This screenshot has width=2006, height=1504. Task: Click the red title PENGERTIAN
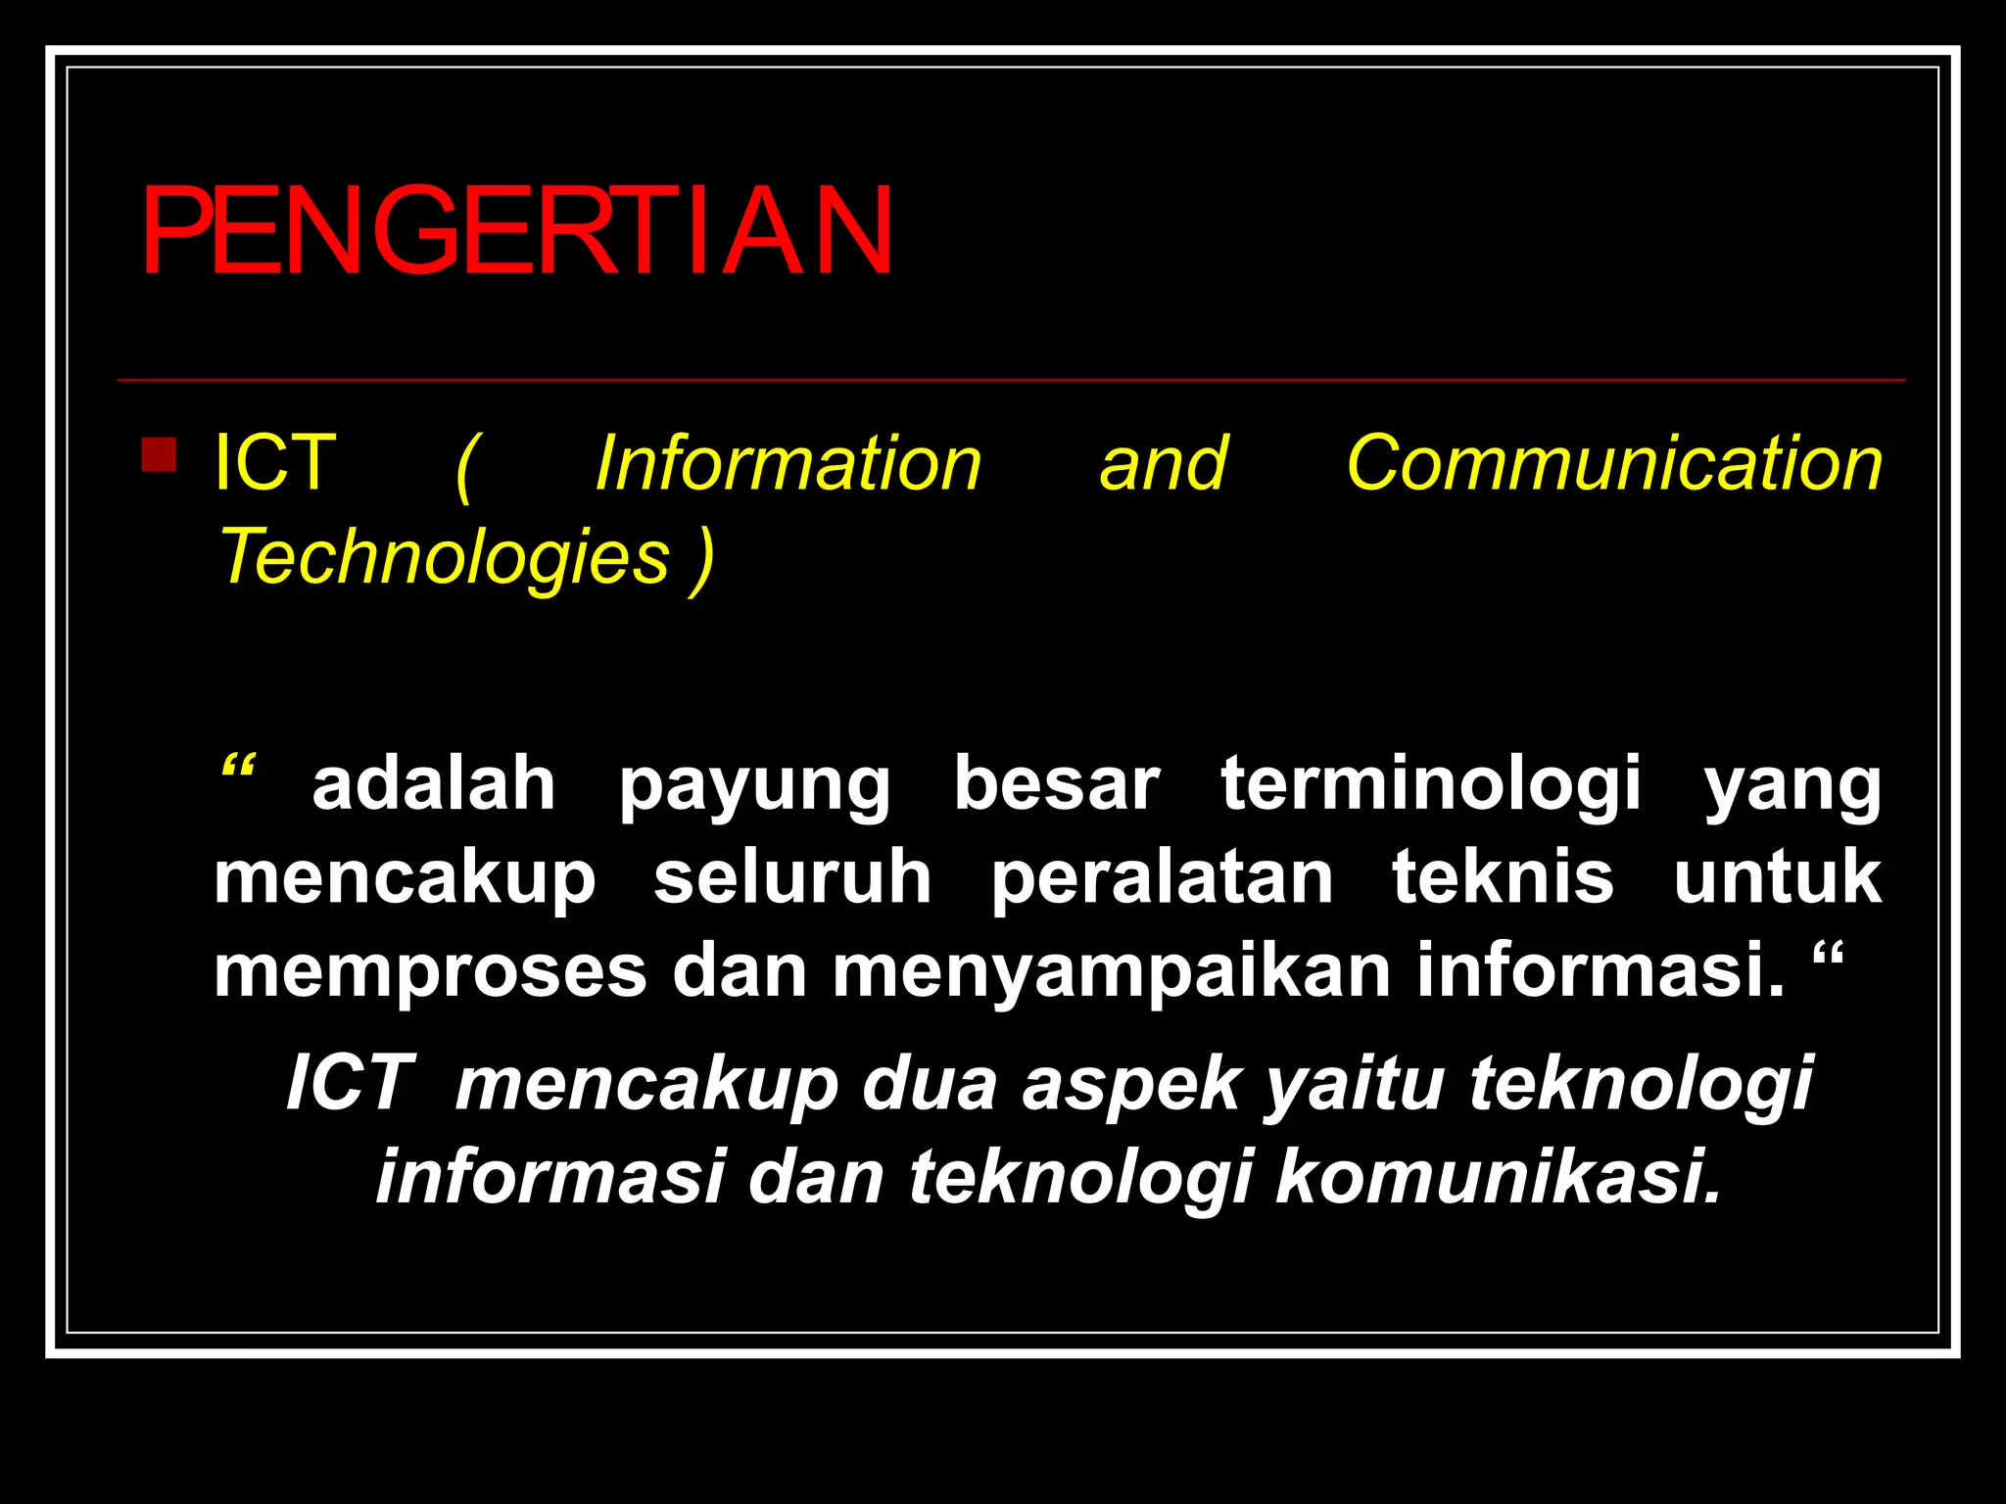pos(516,232)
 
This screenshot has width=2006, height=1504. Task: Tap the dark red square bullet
pos(159,454)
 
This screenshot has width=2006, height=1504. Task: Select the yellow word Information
pos(788,463)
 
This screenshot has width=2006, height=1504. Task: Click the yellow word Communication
pos(1613,463)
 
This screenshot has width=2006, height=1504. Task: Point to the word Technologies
pos(444,557)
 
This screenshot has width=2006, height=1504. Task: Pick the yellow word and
pos(1163,463)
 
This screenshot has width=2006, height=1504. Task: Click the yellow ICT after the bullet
pos(275,463)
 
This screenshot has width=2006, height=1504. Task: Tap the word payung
pos(754,786)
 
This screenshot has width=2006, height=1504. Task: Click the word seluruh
pos(792,877)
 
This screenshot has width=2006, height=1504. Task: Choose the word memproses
pos(430,972)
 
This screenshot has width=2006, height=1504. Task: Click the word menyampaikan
pos(1112,972)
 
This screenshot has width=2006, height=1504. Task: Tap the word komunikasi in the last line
pos(1498,1176)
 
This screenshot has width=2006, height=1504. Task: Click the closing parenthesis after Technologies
pos(701,559)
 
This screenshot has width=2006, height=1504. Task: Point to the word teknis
pos(1503,877)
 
